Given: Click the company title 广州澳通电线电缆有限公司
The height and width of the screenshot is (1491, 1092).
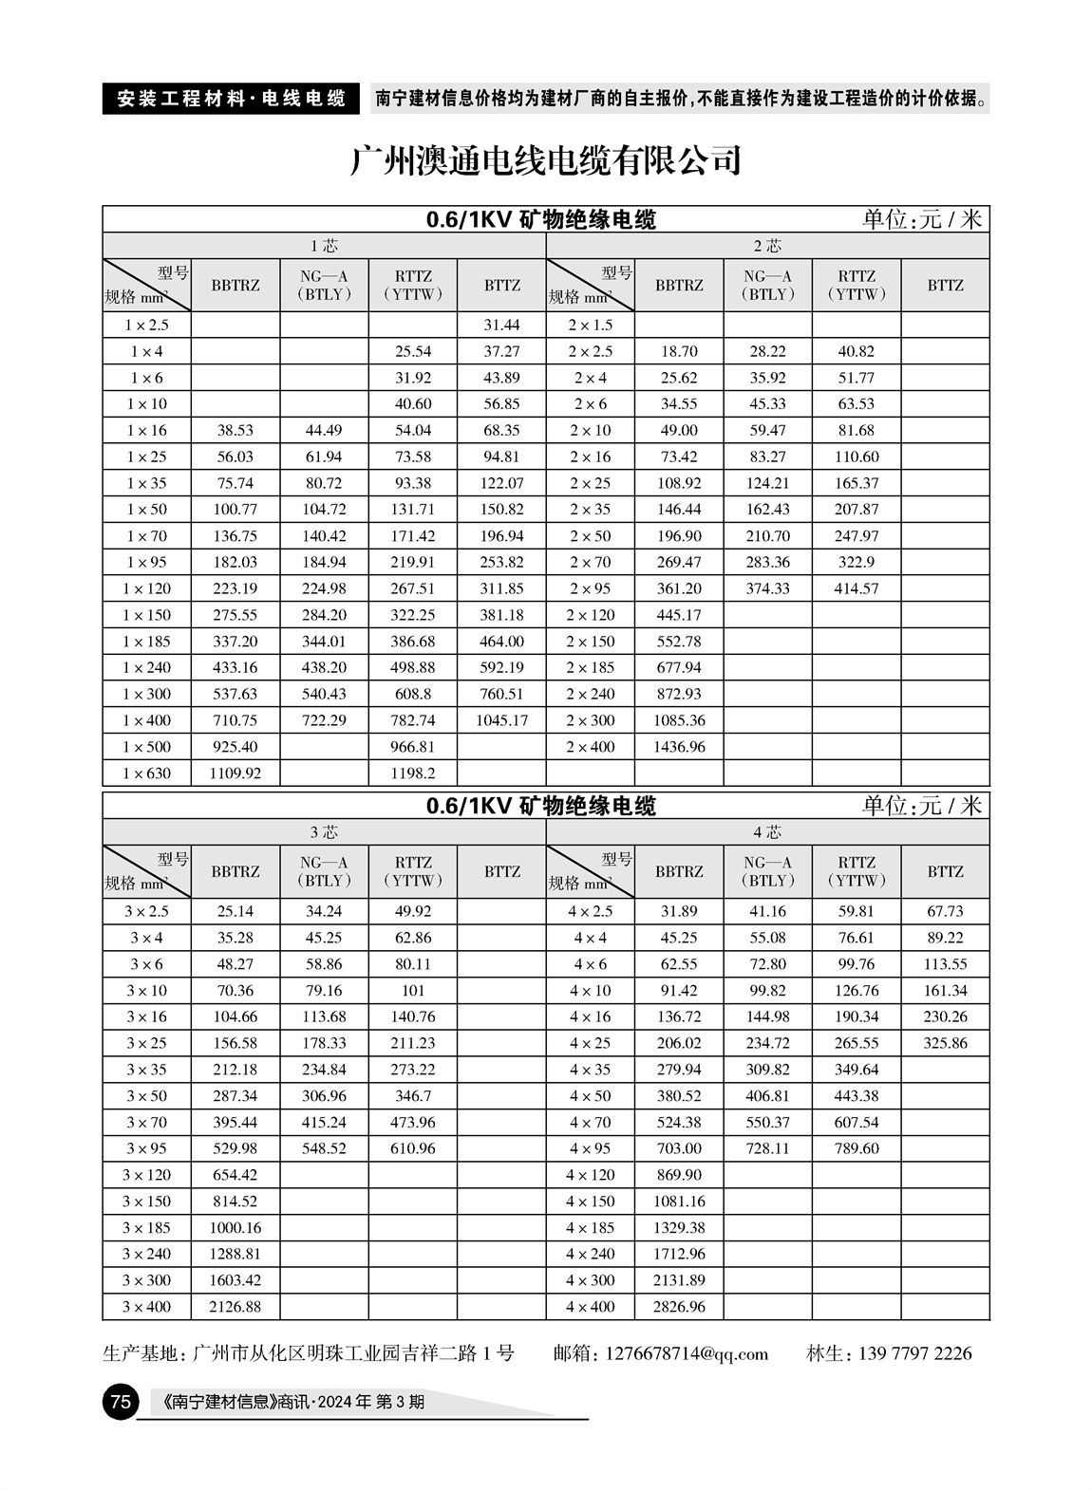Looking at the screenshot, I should [x=545, y=161].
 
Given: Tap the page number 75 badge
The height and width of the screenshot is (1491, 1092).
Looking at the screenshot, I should [x=120, y=1402].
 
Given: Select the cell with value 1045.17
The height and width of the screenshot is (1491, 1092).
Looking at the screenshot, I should [x=501, y=720].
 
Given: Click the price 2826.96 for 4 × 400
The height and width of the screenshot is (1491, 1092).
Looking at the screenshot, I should [x=679, y=1307].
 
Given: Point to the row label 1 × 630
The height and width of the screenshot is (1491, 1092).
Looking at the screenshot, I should [x=146, y=773].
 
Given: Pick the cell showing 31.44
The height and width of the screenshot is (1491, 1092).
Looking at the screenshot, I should [x=501, y=325].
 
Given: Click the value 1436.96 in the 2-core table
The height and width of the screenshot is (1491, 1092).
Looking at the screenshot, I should [x=679, y=747].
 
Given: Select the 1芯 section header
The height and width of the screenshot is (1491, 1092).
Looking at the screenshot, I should [x=324, y=246].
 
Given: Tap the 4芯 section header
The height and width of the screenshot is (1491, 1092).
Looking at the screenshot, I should [x=767, y=832].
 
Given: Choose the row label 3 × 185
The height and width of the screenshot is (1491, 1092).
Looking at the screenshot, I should [x=146, y=1227].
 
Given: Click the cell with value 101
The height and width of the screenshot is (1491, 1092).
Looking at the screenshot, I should [x=413, y=991].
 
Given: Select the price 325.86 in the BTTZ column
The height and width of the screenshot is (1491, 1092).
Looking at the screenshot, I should [x=945, y=1043].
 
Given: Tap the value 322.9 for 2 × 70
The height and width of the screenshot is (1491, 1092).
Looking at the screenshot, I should [x=856, y=562].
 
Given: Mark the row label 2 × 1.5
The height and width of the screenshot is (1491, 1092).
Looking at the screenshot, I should [x=590, y=325].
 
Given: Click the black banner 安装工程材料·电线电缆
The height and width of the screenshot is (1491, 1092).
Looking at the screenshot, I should [x=231, y=98].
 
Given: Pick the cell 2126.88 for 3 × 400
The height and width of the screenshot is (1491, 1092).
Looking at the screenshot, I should [x=235, y=1307].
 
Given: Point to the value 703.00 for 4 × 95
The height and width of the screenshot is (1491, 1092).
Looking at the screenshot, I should [x=679, y=1148].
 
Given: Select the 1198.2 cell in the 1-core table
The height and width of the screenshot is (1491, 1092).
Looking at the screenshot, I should [x=413, y=773].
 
